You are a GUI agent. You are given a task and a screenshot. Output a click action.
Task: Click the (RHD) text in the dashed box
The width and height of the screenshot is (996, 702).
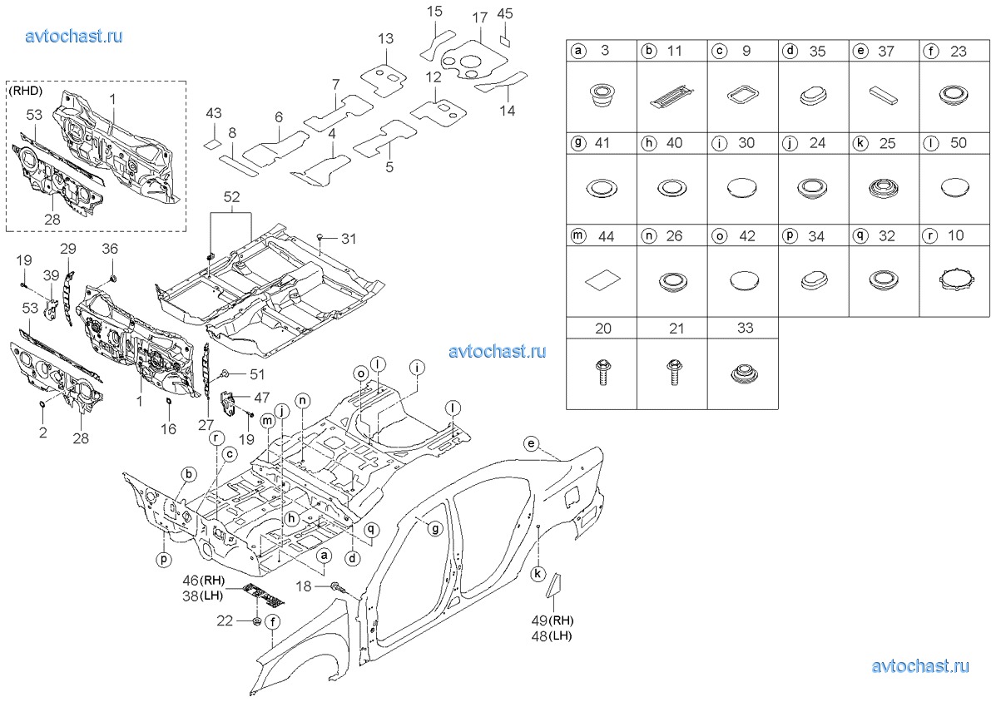(x=27, y=90)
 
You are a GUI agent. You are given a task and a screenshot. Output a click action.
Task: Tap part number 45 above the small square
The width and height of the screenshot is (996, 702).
(x=505, y=13)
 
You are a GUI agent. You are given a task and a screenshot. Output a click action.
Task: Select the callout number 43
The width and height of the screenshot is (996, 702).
(x=213, y=112)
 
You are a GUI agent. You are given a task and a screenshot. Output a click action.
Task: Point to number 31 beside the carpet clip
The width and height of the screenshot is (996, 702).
(x=348, y=239)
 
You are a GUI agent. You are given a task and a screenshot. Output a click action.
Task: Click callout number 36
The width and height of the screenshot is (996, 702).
(x=111, y=248)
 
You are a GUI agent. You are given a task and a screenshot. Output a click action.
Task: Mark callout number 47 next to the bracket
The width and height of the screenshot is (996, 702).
(x=261, y=398)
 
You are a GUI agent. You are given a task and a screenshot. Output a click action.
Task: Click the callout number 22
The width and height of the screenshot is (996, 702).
(x=225, y=620)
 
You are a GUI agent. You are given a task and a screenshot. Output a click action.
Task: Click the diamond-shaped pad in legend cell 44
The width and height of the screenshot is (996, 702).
(x=602, y=280)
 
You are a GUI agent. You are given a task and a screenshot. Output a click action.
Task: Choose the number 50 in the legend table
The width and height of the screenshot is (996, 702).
(x=958, y=143)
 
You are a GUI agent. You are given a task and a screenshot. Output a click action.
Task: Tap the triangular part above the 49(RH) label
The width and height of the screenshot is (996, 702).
(x=554, y=586)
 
